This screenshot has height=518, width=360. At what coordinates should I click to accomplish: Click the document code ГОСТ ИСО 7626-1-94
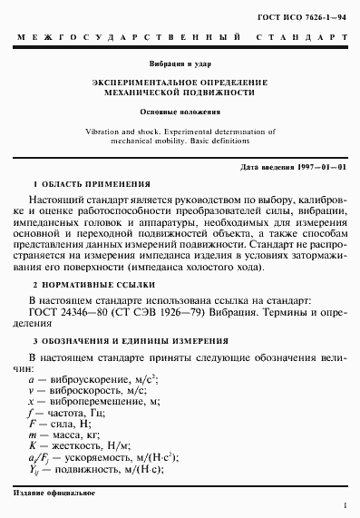308,15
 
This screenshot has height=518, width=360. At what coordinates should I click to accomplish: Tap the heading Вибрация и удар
180,64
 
